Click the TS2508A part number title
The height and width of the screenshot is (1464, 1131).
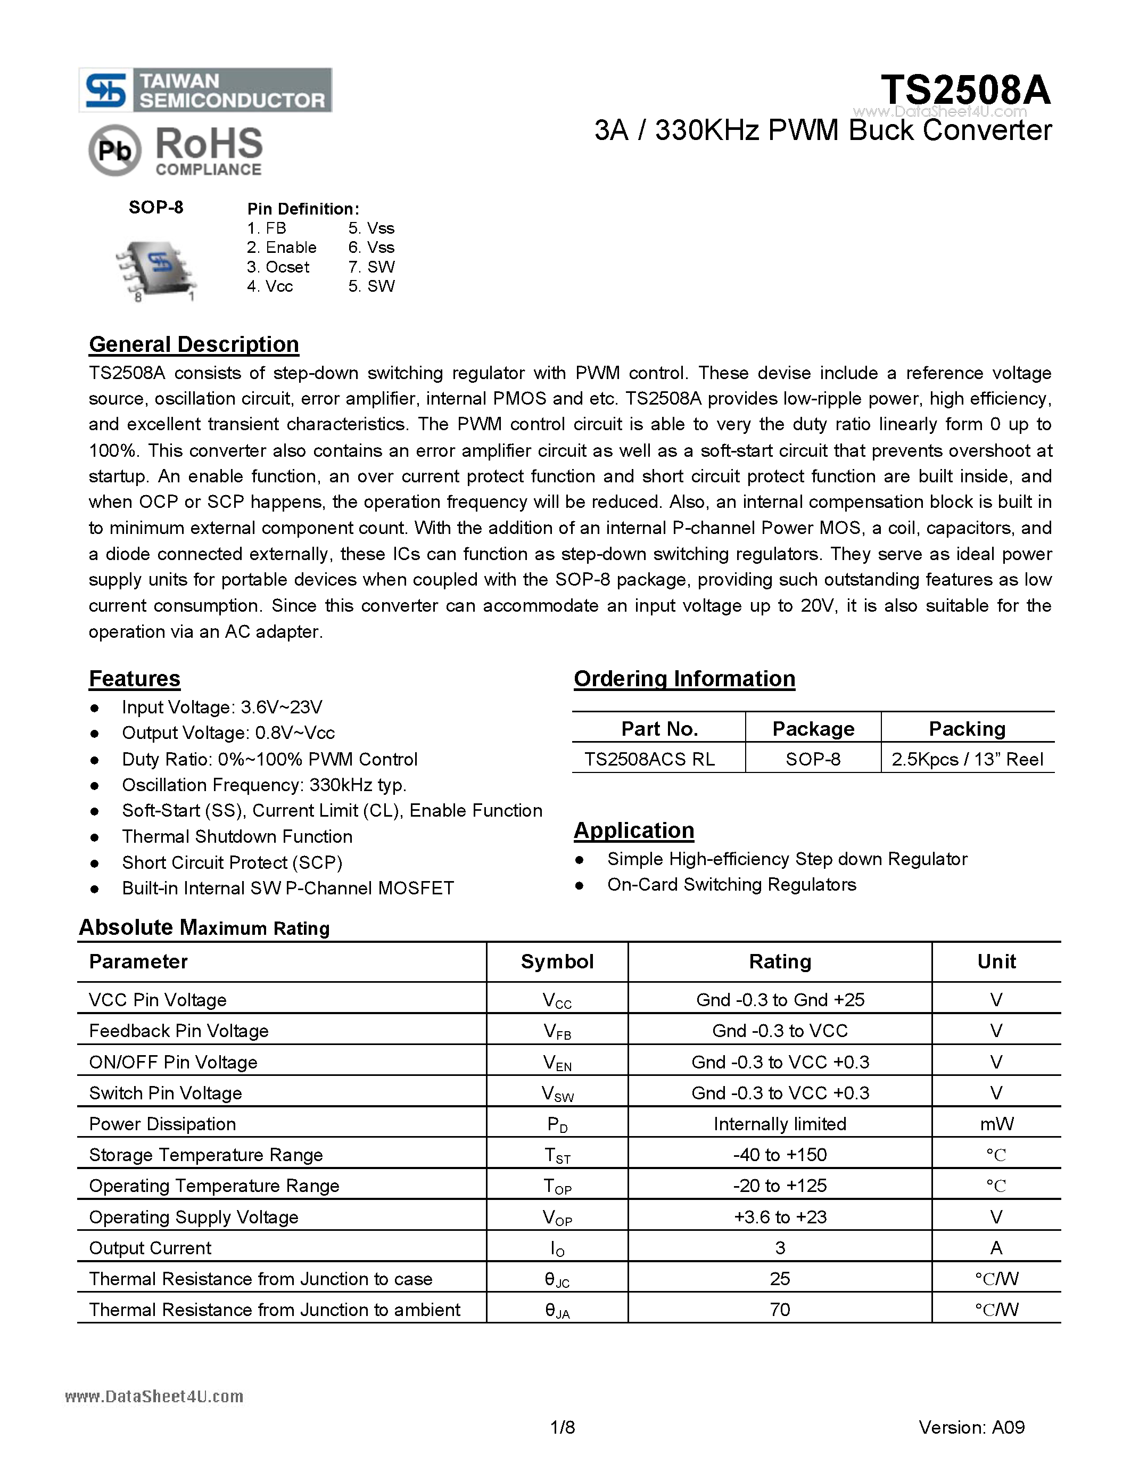click(x=965, y=90)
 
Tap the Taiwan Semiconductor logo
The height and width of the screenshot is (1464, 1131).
click(x=205, y=90)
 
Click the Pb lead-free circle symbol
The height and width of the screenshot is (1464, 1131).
click(x=114, y=151)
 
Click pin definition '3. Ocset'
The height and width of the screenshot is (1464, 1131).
click(x=277, y=267)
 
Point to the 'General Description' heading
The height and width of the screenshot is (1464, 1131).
click(x=194, y=344)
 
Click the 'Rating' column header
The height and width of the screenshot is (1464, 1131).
click(x=779, y=961)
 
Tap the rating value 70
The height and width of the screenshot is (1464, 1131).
click(x=779, y=1309)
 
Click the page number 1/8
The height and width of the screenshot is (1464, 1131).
click(x=562, y=1427)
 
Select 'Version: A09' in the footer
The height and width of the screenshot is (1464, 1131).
click(x=971, y=1427)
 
